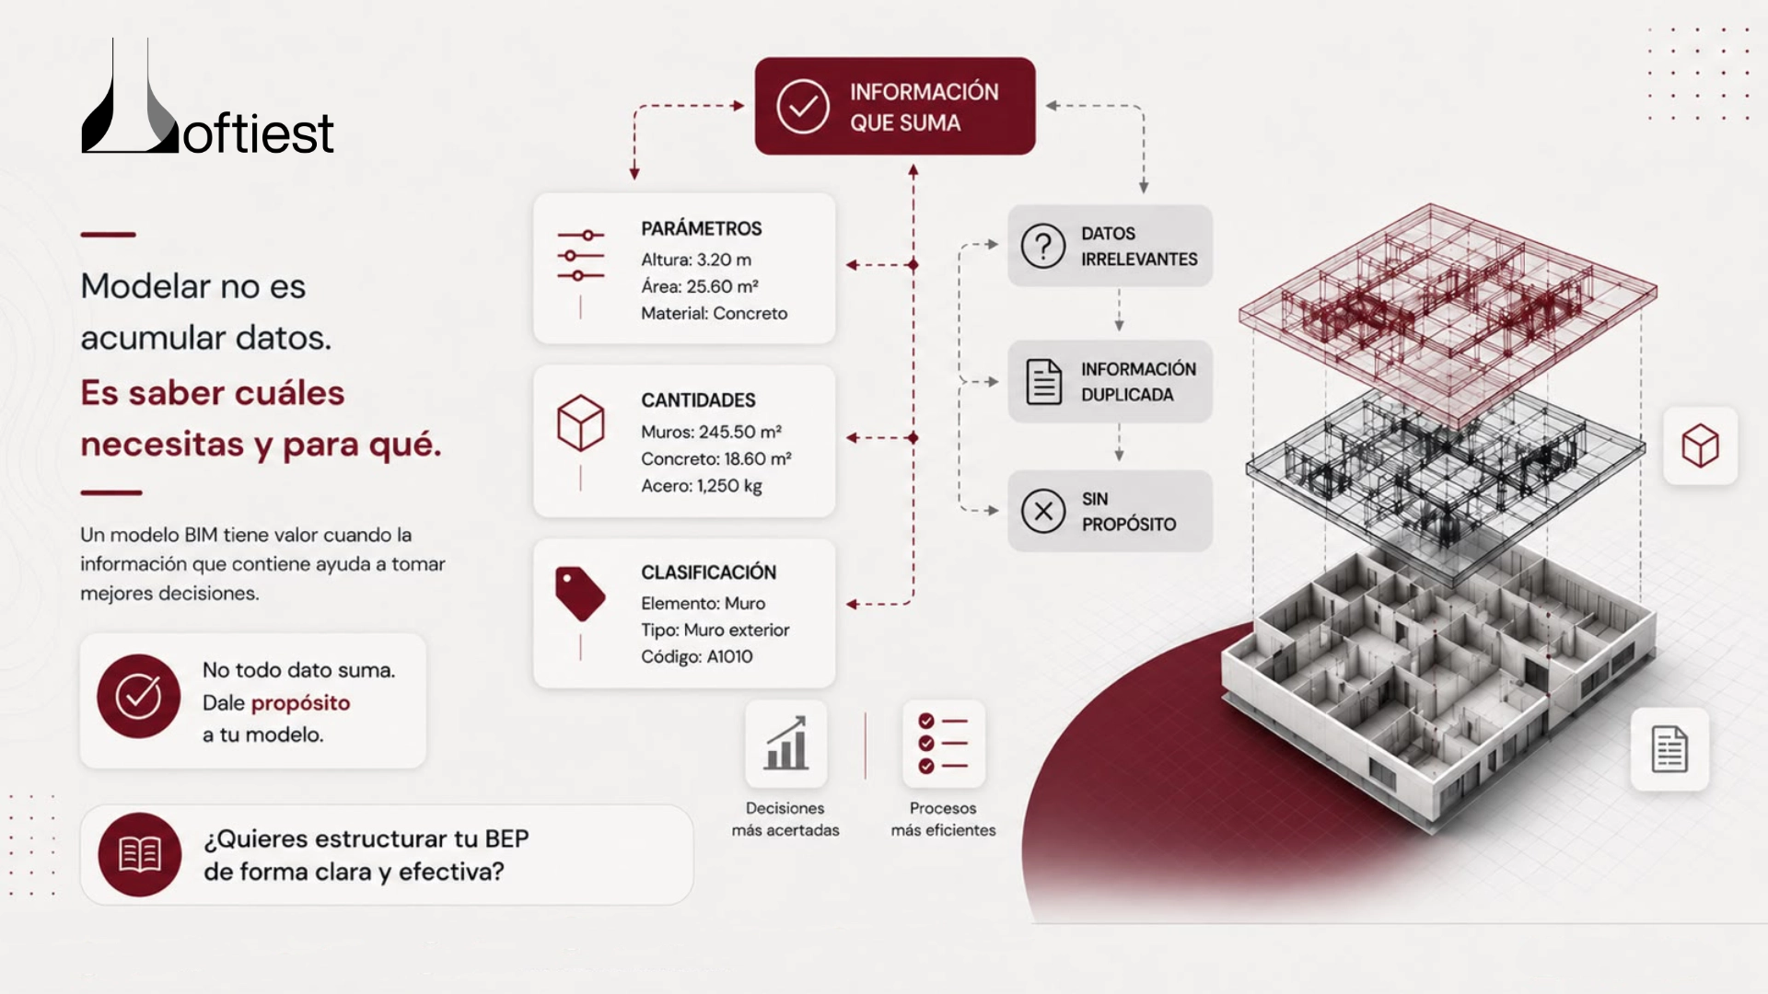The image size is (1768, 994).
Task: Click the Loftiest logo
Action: pos(207,97)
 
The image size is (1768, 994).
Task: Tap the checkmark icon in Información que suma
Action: pos(802,107)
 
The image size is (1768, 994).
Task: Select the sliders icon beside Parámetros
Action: pos(580,256)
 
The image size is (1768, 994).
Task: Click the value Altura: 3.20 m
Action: pos(696,260)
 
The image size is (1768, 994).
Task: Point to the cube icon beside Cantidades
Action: pos(581,422)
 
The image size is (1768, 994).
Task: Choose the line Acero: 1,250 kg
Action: pos(702,486)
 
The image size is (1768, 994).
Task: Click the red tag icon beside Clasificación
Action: pos(580,594)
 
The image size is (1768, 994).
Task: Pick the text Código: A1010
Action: pos(697,656)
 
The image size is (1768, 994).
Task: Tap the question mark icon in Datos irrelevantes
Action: pos(1043,246)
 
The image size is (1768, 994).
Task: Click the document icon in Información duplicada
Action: pos(1043,382)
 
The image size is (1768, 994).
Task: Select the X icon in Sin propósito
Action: pos(1043,511)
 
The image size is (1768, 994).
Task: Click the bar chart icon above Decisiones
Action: pos(785,744)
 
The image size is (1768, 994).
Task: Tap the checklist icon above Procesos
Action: pos(943,744)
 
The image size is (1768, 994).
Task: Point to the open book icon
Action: pos(140,854)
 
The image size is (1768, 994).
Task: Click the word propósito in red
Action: pos(300,703)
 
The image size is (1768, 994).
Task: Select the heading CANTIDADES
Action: pos(698,400)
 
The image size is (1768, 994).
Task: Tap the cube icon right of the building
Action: pos(1700,445)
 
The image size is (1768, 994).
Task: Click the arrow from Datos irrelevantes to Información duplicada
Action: pos(1119,309)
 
